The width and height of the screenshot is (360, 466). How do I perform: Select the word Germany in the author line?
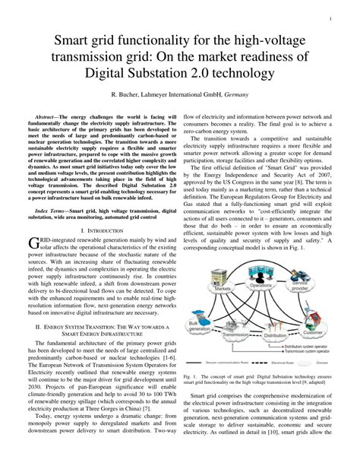(241, 96)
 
